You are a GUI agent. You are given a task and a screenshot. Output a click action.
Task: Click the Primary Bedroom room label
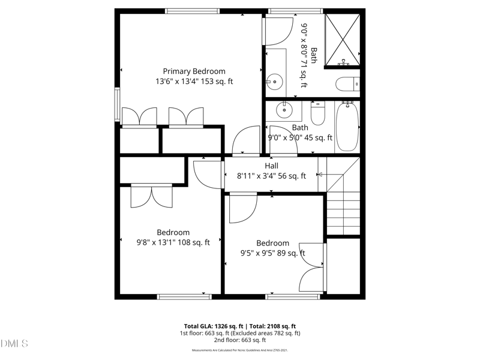coord(194,71)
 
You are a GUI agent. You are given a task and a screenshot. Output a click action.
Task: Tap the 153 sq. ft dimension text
coord(194,82)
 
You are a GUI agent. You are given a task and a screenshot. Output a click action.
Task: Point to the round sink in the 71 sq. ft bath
coord(275,80)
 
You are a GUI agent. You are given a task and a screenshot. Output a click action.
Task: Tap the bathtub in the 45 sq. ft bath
coord(347,127)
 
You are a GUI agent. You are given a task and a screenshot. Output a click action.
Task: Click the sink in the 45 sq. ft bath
coord(283,110)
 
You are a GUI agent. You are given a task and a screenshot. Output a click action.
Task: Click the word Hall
coord(271,166)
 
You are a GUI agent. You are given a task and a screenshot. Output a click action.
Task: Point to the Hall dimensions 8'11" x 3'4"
coord(271,176)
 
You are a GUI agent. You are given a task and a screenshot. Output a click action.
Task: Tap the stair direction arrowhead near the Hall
coord(320,175)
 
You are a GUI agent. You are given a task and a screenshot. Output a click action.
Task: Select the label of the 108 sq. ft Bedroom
coord(173,232)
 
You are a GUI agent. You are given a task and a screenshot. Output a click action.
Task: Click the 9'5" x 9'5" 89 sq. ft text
coord(272,254)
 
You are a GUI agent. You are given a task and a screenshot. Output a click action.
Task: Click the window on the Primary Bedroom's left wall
coord(118,104)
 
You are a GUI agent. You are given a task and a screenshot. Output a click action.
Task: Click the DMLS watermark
coord(14,344)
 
